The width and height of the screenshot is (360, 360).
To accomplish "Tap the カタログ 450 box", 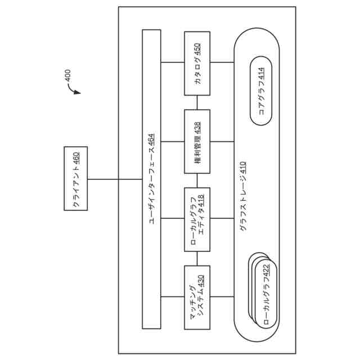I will [197, 63].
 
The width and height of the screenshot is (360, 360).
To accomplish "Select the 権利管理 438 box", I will [197, 141].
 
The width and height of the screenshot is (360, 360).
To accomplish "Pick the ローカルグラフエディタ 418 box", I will [197, 219].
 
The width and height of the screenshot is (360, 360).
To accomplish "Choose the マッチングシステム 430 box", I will [197, 297].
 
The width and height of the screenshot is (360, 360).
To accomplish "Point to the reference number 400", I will [68, 76].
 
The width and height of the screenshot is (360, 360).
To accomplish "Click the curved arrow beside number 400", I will [73, 90].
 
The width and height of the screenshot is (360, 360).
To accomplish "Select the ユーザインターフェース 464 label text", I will [151, 179].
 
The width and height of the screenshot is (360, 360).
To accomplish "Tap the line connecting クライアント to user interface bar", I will [116, 179].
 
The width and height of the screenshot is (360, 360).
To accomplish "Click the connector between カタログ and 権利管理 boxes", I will [197, 102].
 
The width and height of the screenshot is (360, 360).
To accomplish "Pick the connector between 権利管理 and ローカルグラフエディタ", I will [197, 180].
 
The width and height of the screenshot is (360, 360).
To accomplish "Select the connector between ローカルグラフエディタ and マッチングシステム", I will [197, 258].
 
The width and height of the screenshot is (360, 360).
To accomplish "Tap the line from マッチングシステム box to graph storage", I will [222, 296].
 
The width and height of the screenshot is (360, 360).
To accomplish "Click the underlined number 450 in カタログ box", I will [197, 49].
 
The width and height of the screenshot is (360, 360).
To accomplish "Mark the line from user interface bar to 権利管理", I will [172, 141].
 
